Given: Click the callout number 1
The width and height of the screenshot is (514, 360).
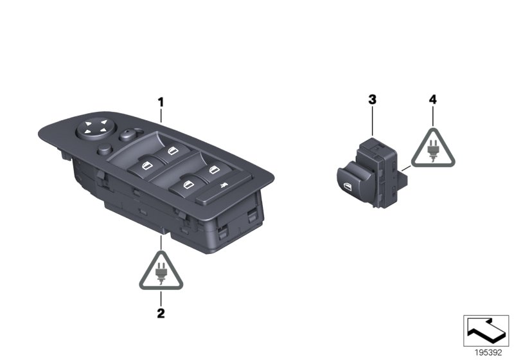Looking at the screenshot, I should (161, 102).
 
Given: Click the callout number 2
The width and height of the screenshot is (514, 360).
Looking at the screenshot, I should (161, 314).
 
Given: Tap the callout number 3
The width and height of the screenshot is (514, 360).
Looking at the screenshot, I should (372, 100).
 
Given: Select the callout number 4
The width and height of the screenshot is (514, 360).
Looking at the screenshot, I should (432, 100).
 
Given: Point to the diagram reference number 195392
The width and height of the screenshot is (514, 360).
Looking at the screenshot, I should (486, 353).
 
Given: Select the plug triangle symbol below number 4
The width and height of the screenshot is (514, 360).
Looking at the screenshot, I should (432, 149).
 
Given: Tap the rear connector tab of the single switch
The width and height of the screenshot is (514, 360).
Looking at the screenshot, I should (405, 172).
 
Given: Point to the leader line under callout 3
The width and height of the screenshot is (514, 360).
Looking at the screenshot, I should (372, 122).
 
